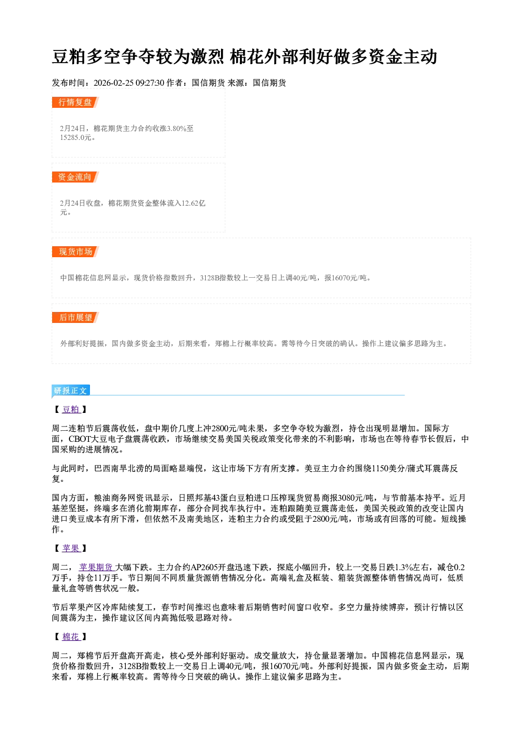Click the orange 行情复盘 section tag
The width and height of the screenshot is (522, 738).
[75, 102]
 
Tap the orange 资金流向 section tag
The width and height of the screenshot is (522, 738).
[75, 177]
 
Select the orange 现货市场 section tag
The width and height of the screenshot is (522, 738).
[75, 252]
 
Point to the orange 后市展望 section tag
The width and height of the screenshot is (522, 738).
[75, 317]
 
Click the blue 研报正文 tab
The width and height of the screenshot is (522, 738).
[71, 390]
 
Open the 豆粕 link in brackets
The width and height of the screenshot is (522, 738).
[71, 410]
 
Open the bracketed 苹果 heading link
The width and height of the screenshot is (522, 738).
[71, 548]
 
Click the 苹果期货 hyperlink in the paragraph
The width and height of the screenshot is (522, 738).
[96, 568]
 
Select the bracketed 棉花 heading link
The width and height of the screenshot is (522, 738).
[71, 637]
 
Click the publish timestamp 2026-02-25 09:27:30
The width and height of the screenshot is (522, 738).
[129, 83]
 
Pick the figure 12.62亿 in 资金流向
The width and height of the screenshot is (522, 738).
[194, 203]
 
